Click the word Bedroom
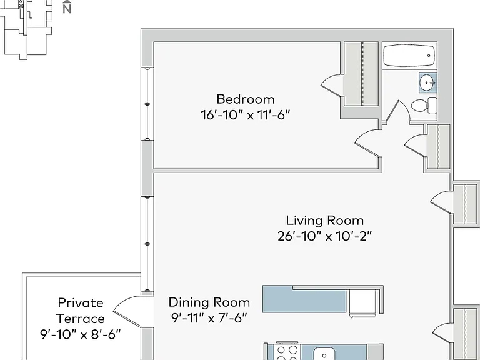pos(246,99)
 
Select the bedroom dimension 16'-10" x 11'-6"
pos(245,115)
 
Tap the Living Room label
pos(325,221)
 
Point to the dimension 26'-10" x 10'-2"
pos(325,236)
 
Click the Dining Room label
pos(209,302)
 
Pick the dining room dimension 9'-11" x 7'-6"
pos(209,318)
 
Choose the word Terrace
pos(81,319)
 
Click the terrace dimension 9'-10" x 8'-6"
pos(81,334)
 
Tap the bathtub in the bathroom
pos(409,56)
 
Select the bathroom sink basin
pos(427,82)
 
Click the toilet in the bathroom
pos(424,105)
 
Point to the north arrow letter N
pos(67,9)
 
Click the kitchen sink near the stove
pos(324,354)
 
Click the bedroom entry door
pos(367,144)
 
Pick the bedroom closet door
pos(331,86)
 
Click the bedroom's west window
pos(147,104)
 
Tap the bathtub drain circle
pos(429,56)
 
